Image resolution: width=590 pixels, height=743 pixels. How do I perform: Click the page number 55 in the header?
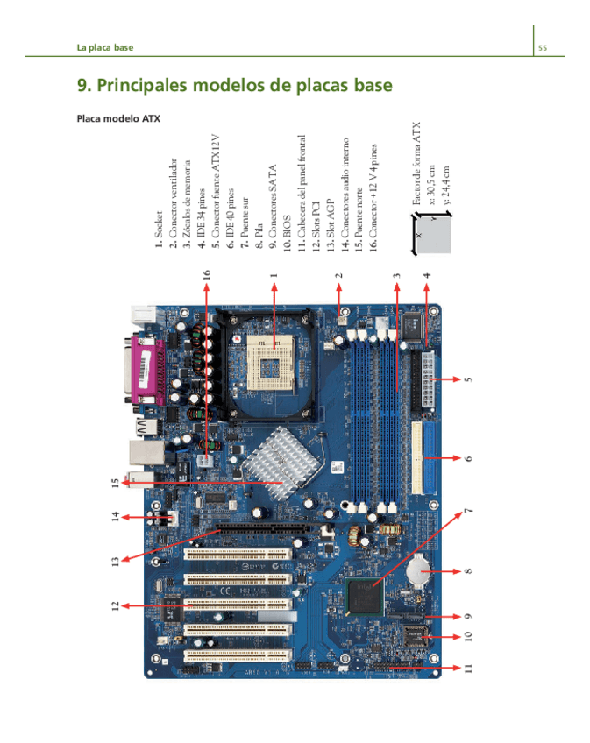click(543, 47)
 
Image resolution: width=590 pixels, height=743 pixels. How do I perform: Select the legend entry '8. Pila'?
click(259, 237)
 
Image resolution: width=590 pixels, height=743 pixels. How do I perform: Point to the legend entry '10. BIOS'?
click(288, 233)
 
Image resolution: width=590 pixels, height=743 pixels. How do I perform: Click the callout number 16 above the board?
click(207, 274)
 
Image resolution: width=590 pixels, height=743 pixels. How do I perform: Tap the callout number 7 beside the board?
click(467, 513)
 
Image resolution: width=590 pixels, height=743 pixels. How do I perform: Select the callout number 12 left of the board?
click(115, 605)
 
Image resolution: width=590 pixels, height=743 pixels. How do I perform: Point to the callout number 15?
click(115, 482)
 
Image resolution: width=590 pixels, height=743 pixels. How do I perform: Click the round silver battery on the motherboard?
click(421, 570)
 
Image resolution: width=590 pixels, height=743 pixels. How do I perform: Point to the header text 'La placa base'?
click(105, 47)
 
